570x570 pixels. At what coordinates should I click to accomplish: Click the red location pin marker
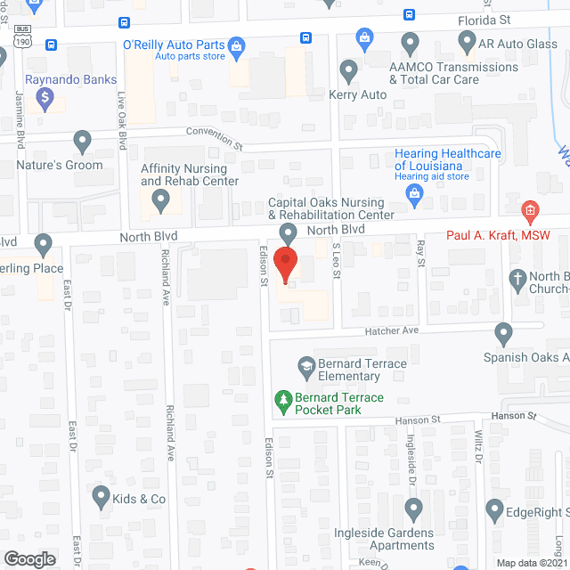pos(285,264)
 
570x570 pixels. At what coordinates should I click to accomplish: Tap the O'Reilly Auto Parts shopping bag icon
pos(237,45)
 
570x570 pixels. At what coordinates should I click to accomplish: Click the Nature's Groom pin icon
pos(83,142)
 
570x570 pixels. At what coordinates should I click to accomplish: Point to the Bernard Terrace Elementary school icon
pos(306,364)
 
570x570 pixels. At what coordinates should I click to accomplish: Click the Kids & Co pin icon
pos(101,495)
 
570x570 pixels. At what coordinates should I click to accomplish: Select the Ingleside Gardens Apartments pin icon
pos(412,509)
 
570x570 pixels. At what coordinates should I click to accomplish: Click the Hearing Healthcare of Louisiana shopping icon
pos(414,199)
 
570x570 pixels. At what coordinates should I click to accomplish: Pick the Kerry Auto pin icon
pos(348,69)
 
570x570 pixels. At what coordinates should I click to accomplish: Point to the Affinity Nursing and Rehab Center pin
pos(160,203)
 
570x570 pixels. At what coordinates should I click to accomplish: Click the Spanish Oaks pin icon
pos(504,335)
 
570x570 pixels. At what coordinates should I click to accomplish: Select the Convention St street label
pos(214,138)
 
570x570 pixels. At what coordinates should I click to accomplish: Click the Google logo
pos(29,558)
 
